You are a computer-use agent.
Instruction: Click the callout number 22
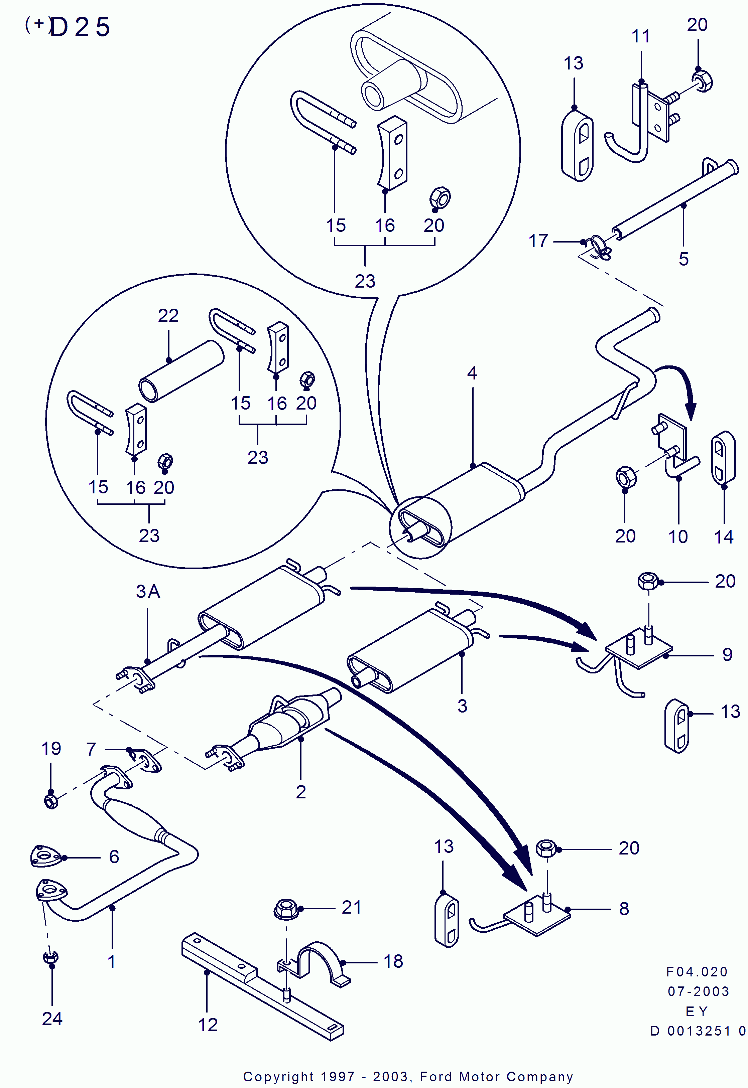(168, 316)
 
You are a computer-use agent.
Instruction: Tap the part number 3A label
(148, 592)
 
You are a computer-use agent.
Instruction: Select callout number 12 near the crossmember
(208, 1025)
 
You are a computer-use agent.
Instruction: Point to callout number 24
(52, 1019)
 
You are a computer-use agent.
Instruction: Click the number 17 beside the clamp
(538, 241)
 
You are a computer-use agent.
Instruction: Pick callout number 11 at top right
(641, 36)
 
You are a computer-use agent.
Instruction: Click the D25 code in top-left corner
(79, 27)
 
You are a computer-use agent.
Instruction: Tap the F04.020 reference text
(697, 972)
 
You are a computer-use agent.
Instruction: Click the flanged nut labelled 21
(286, 910)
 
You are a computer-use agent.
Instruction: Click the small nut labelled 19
(50, 801)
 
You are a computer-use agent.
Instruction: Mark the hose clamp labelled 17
(599, 247)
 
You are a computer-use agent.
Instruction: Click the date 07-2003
(698, 991)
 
